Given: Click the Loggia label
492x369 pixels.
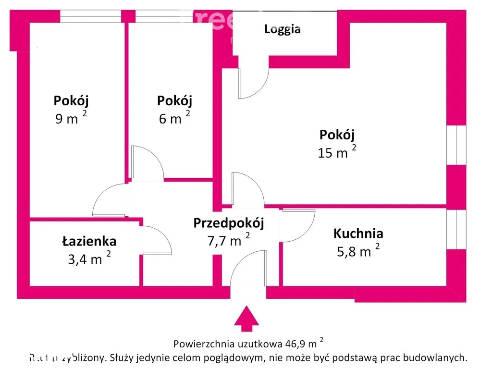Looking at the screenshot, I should tap(283, 29).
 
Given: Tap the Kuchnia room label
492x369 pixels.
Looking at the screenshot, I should tap(358, 234).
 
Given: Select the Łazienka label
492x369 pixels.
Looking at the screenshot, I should tap(89, 241).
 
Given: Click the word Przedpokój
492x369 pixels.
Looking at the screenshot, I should tap(229, 222).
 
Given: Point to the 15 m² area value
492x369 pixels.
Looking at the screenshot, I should tap(336, 153).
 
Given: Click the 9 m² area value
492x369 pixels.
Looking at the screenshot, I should tap(71, 118).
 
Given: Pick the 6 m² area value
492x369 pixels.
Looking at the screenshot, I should tap(174, 118).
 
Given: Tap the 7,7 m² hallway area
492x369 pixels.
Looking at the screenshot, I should tap(228, 240).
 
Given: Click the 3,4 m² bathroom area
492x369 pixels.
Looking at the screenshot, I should tap(89, 259).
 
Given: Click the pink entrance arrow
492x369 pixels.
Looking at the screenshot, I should tap(246, 319).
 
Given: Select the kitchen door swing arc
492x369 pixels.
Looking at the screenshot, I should tap(298, 225).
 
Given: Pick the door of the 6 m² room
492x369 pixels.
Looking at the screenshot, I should tap(147, 163).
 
